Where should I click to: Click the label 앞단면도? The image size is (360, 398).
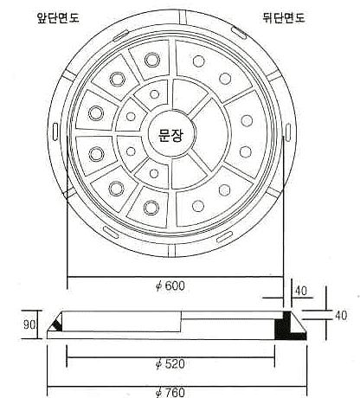(58, 18)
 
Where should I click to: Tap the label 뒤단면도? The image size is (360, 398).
(284, 18)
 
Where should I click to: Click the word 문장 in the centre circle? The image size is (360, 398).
(170, 134)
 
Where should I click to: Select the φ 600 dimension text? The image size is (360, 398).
(170, 286)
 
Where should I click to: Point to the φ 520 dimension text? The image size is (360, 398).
(170, 364)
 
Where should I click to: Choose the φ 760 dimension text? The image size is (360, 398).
(170, 393)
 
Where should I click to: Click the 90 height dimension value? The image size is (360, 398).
(29, 325)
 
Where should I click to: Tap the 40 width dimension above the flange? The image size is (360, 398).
(300, 291)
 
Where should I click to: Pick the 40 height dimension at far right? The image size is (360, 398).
(341, 316)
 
